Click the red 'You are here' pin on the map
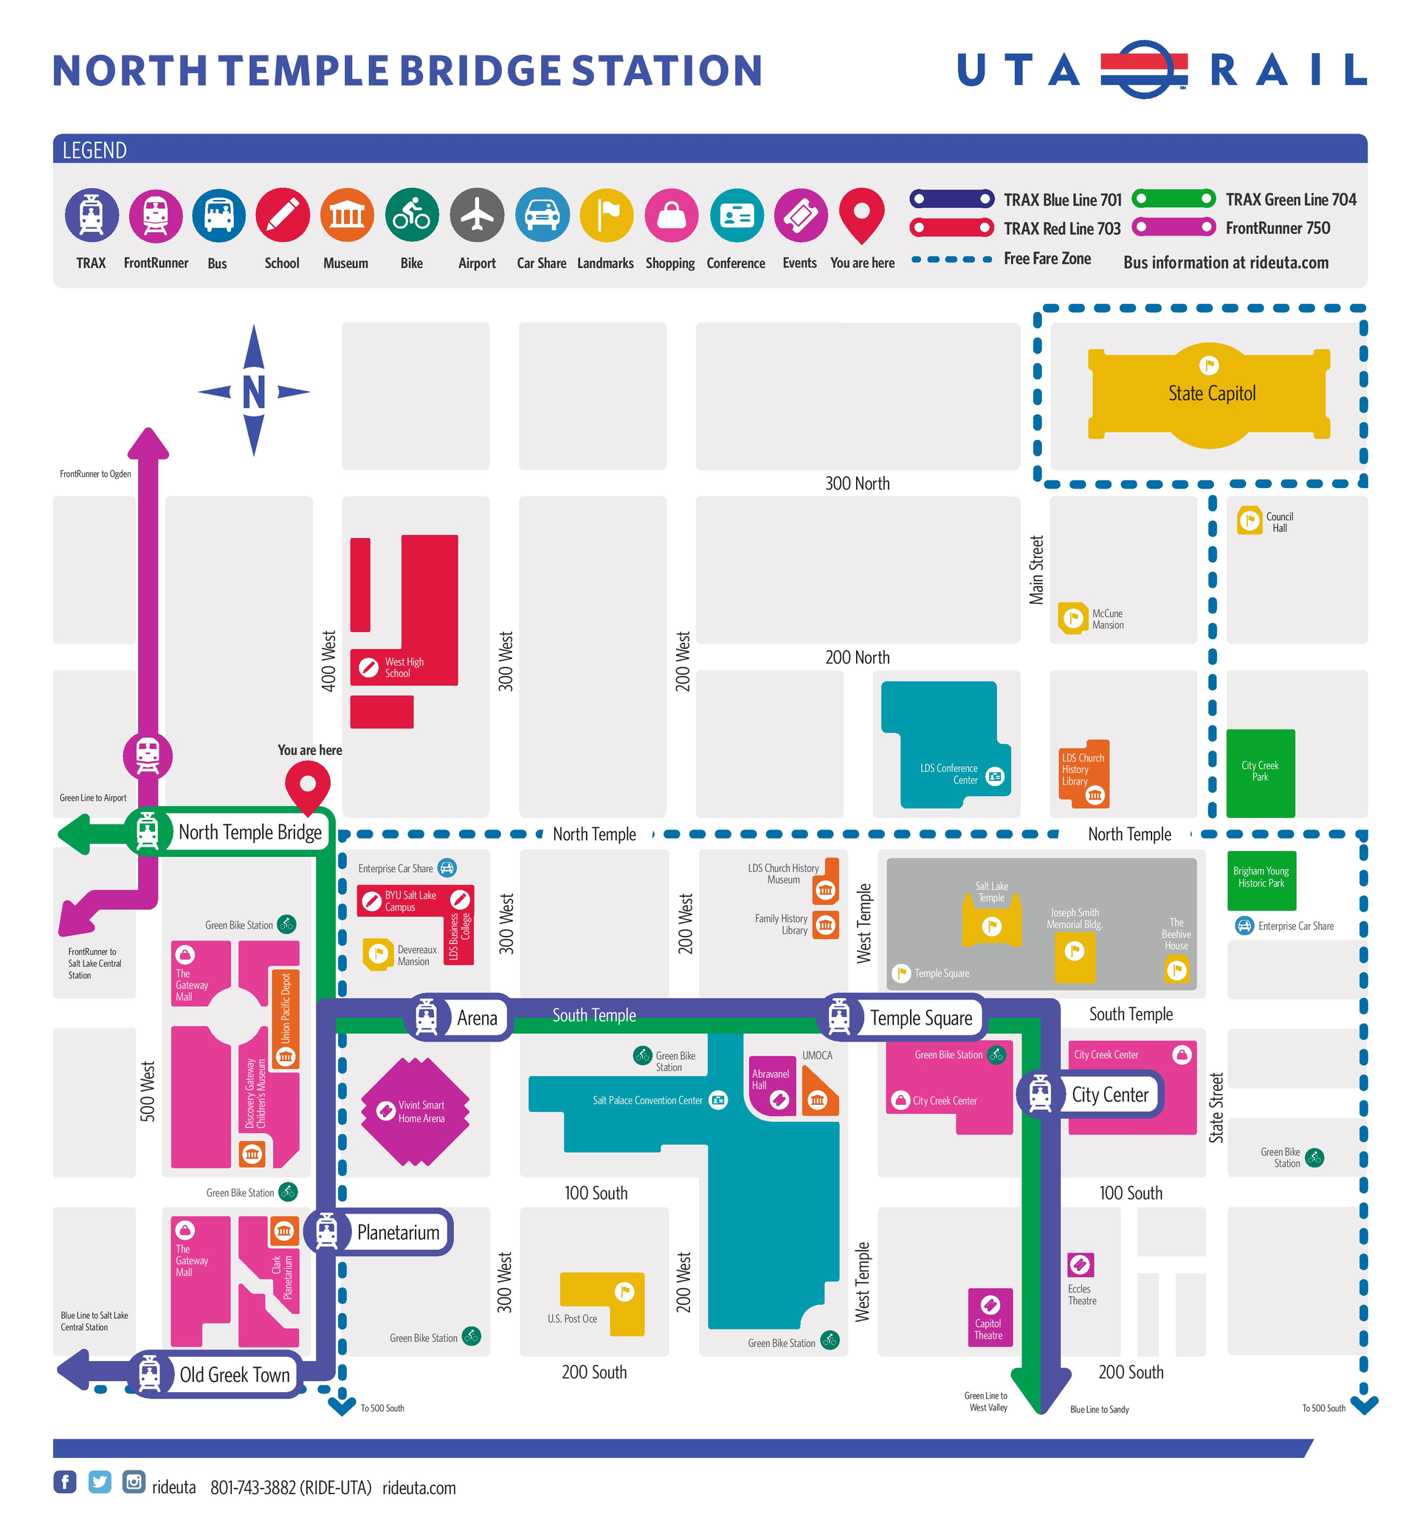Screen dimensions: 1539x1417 pyautogui.click(x=308, y=787)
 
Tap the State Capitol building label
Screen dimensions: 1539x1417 pyautogui.click(x=1212, y=394)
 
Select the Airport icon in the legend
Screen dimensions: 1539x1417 pyautogui.click(x=477, y=215)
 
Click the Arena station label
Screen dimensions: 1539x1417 pyautogui.click(x=477, y=1019)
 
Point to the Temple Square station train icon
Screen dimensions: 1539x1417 pyautogui.click(x=840, y=1018)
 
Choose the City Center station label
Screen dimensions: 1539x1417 pyautogui.click(x=1109, y=1095)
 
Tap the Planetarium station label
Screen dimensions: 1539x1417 pyautogui.click(x=398, y=1232)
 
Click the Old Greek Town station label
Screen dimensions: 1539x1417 pyautogui.click(x=235, y=1375)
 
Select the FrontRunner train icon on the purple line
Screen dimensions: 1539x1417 pyautogui.click(x=148, y=755)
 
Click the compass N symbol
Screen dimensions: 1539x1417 pyautogui.click(x=254, y=392)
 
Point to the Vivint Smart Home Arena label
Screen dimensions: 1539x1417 pyautogui.click(x=421, y=1112)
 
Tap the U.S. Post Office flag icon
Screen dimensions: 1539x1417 pyautogui.click(x=624, y=1292)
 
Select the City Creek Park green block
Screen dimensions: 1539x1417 pyautogui.click(x=1260, y=773)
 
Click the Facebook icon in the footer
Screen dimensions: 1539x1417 pyautogui.click(x=65, y=1481)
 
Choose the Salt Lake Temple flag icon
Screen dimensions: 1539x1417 pyautogui.click(x=991, y=926)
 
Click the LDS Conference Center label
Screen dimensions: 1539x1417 pyautogui.click(x=948, y=774)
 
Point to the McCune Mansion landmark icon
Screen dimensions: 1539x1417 pyautogui.click(x=1074, y=618)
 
